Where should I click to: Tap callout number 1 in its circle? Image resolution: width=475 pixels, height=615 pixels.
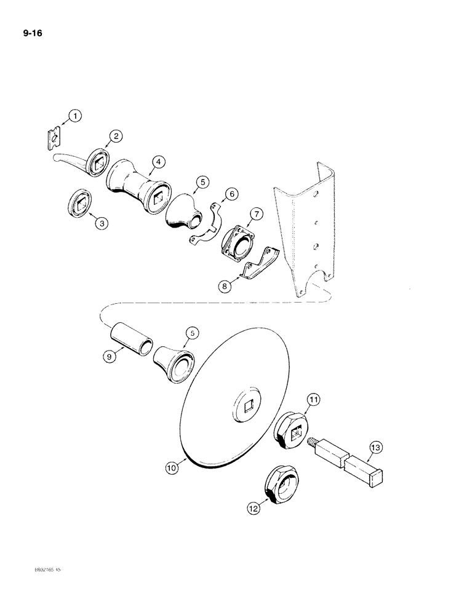click(74, 115)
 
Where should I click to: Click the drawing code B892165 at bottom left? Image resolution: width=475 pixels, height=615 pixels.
click(55, 588)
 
